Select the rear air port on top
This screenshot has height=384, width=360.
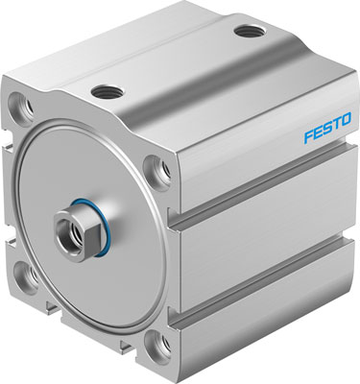[247, 31]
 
